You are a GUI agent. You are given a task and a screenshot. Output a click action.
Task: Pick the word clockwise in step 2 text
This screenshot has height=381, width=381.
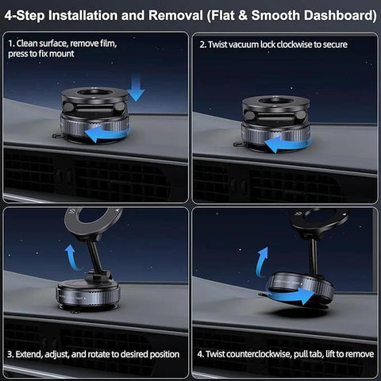tap(300, 44)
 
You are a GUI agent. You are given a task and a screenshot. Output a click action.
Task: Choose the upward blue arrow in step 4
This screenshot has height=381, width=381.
tap(262, 260)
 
